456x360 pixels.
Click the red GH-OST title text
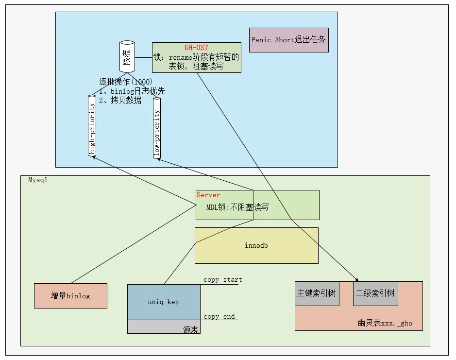coord(196,48)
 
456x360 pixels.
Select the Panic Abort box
coord(289,40)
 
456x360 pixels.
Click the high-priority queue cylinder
coord(92,125)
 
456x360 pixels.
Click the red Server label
coord(208,195)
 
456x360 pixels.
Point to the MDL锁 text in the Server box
coord(237,207)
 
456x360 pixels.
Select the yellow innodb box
coord(256,245)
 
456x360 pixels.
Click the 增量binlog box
coord(70,295)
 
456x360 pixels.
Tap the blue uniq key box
coord(164,302)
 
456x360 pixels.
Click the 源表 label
coord(190,329)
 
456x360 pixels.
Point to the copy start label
coord(222,280)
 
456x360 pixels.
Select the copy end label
coord(219,317)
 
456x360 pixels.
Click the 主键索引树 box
coord(316,293)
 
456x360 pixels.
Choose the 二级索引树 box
coord(375,293)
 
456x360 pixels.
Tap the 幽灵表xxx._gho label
coord(385,323)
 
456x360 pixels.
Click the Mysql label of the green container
coord(37,180)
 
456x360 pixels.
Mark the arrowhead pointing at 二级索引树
coord(357,279)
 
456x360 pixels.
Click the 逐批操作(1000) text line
coord(126,82)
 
